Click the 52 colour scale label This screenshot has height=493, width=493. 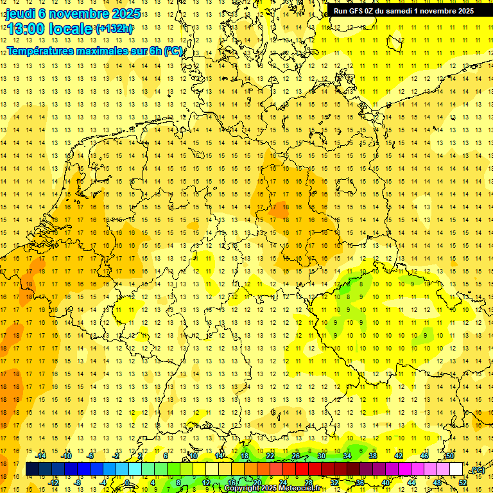point(463,482)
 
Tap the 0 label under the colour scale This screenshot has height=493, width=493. point(127,482)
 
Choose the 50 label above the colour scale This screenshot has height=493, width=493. point(450,456)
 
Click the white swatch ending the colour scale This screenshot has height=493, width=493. point(456,469)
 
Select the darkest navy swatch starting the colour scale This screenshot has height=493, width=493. point(32,469)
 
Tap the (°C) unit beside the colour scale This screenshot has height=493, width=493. point(477,471)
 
